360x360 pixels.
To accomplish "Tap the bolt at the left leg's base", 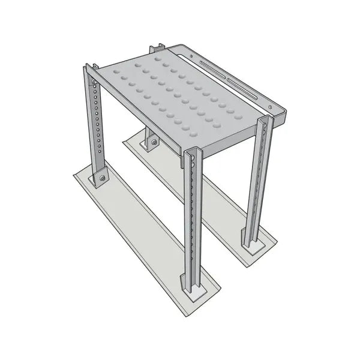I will click(102, 178).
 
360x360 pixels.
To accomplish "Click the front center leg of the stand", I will click(192, 222).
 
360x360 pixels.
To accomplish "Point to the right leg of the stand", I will click(260, 180).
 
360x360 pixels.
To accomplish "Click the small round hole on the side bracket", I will click(194, 57).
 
